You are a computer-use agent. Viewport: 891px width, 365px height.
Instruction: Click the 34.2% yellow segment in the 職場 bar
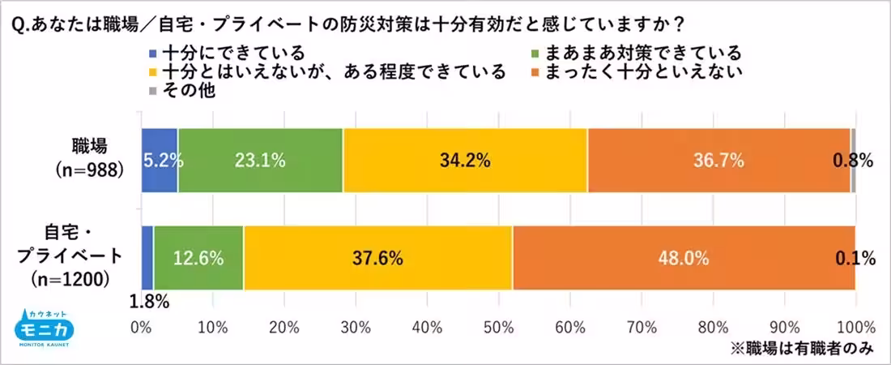click(465, 161)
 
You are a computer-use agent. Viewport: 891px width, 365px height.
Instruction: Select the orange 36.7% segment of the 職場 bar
click(718, 161)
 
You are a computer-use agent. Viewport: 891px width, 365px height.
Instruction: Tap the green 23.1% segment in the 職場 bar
click(260, 161)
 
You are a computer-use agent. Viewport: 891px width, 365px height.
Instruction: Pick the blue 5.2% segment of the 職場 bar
click(160, 161)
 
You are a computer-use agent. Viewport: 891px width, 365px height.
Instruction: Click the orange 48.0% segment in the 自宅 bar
click(684, 259)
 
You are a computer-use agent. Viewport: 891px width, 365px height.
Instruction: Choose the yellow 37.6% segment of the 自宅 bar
click(378, 259)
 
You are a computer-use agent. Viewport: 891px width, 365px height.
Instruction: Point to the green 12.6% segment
click(198, 259)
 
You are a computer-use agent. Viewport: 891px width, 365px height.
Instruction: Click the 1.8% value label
click(149, 303)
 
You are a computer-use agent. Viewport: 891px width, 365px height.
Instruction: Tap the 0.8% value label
click(853, 161)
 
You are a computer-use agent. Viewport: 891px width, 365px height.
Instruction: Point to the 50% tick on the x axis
click(498, 328)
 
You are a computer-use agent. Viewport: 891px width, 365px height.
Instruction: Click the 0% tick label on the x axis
click(142, 328)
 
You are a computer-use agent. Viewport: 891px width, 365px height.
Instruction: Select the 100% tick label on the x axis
click(855, 328)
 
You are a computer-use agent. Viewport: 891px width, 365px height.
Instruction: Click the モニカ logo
click(46, 329)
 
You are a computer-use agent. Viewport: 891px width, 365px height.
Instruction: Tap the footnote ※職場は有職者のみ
click(802, 349)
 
